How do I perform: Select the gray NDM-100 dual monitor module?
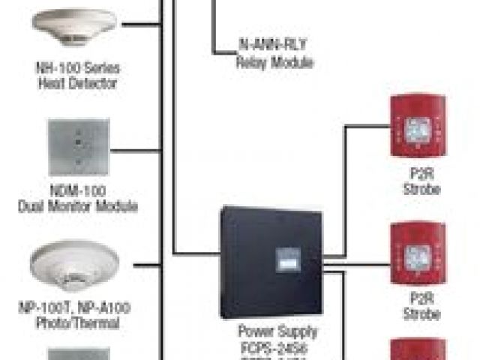79,147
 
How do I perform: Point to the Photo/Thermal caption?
79,323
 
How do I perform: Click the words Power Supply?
277,331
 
